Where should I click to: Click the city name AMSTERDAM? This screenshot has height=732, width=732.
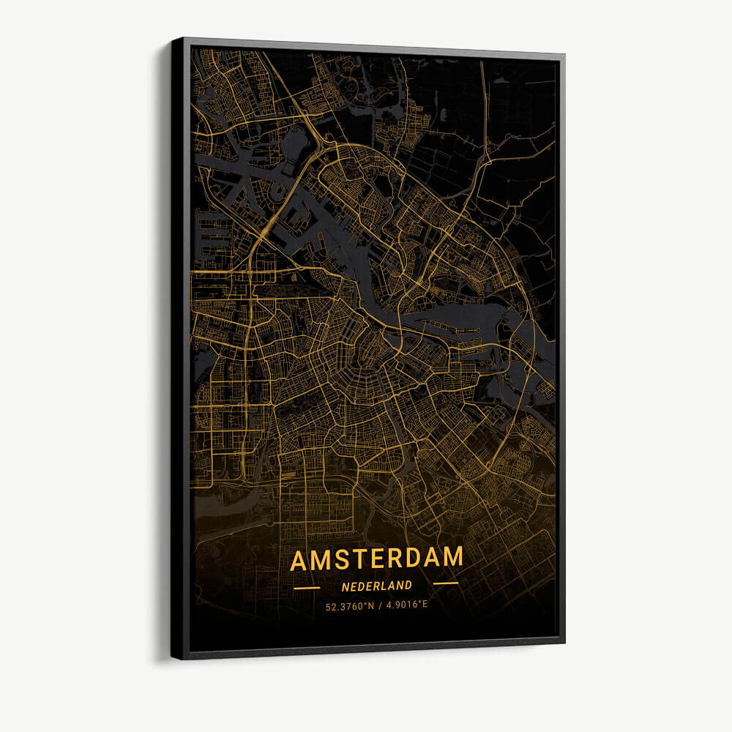[x=376, y=559]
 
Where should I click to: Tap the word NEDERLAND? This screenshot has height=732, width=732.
[x=376, y=586]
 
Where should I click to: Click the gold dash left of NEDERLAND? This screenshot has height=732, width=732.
[x=306, y=587]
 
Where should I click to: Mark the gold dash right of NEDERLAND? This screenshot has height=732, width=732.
[x=446, y=583]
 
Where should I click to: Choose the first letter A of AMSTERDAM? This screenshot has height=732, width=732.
[x=299, y=561]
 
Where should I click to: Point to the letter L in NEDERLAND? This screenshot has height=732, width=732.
[x=384, y=586]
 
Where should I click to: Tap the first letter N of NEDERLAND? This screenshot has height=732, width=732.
[x=345, y=586]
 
